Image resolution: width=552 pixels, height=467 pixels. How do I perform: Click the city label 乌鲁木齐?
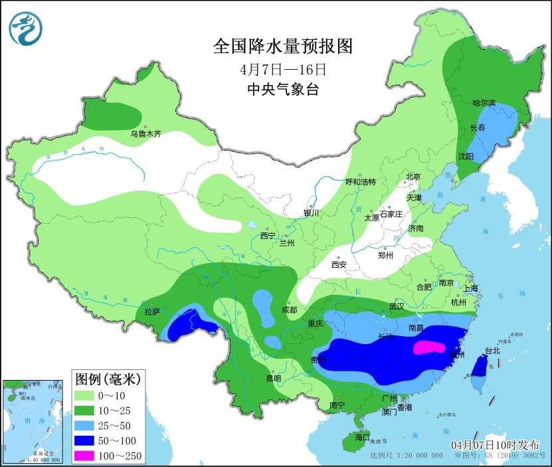(x=145, y=134)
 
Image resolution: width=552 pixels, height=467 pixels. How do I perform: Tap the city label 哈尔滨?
(x=484, y=103)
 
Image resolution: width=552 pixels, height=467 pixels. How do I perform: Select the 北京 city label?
(x=413, y=177)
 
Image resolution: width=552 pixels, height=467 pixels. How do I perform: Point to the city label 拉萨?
(x=152, y=311)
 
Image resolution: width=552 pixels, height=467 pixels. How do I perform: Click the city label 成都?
(x=289, y=310)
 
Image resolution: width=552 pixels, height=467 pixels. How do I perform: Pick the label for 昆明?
(x=273, y=378)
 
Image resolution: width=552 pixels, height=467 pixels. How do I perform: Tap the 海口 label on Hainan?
(x=362, y=438)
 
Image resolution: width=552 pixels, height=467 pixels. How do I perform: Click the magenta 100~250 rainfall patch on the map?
(x=429, y=347)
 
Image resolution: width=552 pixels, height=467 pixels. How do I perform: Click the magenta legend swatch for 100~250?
(x=86, y=455)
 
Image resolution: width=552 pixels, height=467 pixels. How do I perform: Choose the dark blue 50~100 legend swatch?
(x=86, y=440)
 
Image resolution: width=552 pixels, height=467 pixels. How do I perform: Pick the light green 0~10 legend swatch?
(x=86, y=395)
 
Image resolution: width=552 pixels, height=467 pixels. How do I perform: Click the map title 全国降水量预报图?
(x=282, y=46)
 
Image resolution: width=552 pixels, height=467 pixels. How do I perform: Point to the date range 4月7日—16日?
(x=283, y=68)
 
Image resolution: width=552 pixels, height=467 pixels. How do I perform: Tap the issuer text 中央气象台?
(x=282, y=90)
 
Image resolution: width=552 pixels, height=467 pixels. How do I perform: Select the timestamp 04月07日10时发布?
(x=496, y=444)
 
